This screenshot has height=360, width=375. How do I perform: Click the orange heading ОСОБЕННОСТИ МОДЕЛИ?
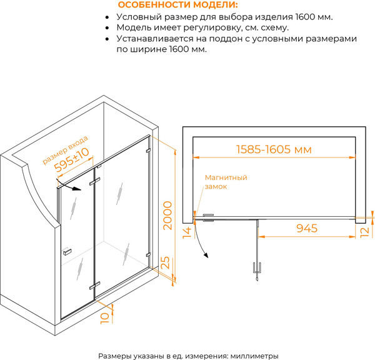(178, 5)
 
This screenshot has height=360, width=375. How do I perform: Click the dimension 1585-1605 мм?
(274, 149)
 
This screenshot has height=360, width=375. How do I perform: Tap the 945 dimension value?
(307, 228)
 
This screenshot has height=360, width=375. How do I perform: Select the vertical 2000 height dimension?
(167, 216)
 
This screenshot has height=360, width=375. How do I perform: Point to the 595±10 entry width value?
(71, 159)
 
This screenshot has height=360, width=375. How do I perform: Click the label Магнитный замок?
(226, 182)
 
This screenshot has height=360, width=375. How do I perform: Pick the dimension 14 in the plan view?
(187, 232)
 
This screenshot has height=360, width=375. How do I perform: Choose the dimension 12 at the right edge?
(365, 232)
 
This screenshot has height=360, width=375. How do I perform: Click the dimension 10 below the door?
(105, 318)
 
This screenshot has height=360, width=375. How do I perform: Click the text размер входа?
(65, 150)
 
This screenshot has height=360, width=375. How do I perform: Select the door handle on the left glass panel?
(67, 252)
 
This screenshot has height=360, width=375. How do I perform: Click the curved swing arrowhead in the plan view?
(206, 255)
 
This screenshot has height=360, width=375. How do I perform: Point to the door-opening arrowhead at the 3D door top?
(77, 189)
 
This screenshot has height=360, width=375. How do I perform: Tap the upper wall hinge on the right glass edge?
(148, 151)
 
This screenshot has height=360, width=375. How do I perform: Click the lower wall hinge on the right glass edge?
(149, 254)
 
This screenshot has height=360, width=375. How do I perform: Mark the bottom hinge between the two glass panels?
(95, 286)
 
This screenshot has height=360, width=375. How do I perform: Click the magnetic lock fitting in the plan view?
(208, 217)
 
